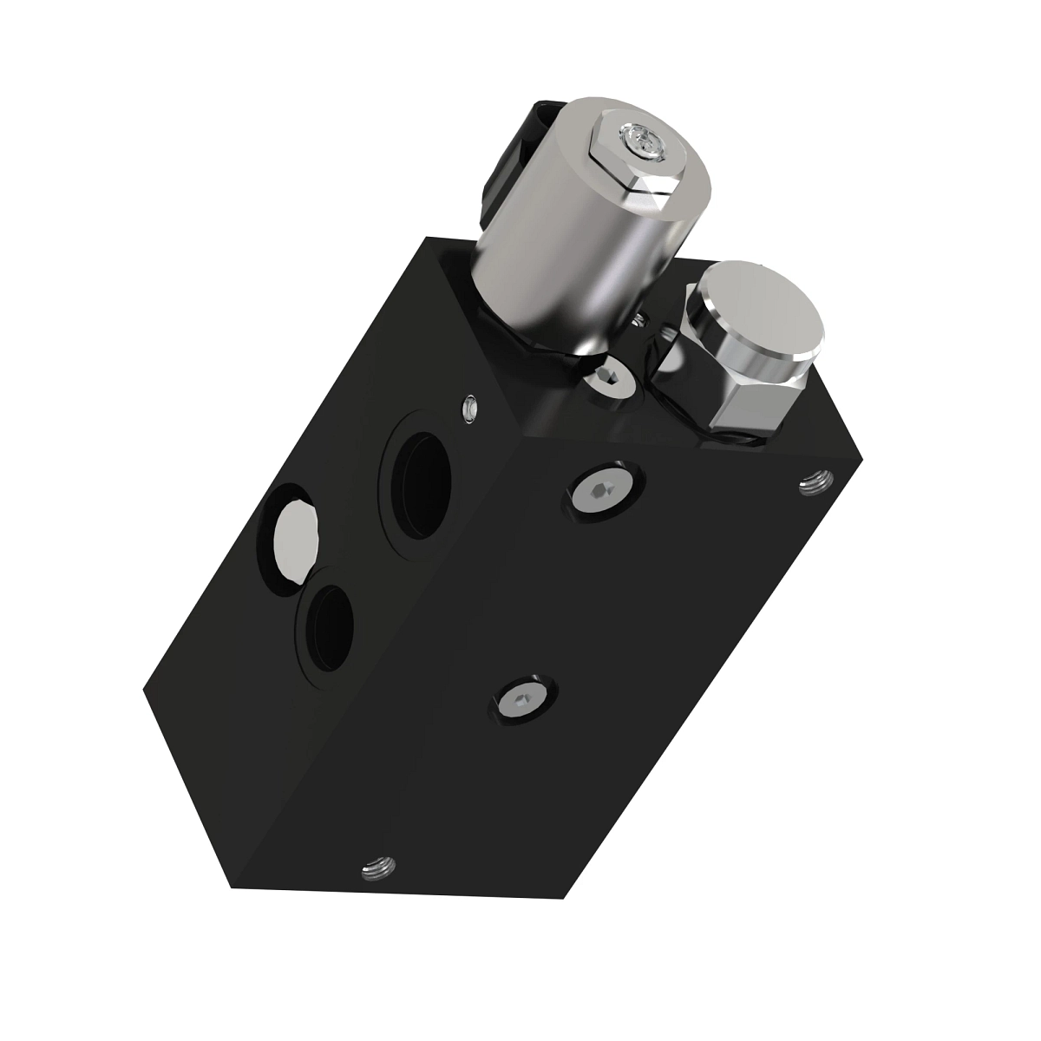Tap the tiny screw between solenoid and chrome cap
coord(641,322)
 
